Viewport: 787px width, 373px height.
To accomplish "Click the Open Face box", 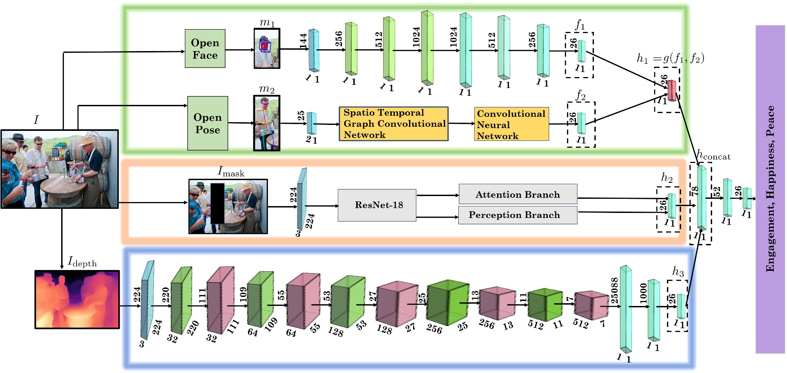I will click(205, 49).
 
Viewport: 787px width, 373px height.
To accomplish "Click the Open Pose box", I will click(208, 123).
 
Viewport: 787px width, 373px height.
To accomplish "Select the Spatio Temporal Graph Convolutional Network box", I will click(393, 124).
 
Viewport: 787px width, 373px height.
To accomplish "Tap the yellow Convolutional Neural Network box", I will click(511, 124).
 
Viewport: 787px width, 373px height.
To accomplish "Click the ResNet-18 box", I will click(377, 205).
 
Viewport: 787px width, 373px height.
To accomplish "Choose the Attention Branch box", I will click(518, 194).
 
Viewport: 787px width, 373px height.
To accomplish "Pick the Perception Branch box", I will click(518, 215).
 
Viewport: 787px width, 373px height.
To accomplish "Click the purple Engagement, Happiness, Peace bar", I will click(770, 189).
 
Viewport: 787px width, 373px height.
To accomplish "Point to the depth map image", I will click(77, 299).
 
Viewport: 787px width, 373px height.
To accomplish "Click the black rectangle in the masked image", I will click(217, 203).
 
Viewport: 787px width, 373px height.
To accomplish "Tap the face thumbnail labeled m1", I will click(267, 49).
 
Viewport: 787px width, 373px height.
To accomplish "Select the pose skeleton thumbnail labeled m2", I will click(267, 123).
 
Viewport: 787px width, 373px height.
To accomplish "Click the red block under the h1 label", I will click(672, 91).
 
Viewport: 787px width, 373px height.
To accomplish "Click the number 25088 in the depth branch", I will click(614, 290).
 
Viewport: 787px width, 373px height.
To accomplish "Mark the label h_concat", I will click(714, 155).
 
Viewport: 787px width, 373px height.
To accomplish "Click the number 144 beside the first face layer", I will click(303, 41).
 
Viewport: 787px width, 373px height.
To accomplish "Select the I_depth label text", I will click(83, 262).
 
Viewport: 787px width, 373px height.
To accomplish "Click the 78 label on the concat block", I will click(694, 191).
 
